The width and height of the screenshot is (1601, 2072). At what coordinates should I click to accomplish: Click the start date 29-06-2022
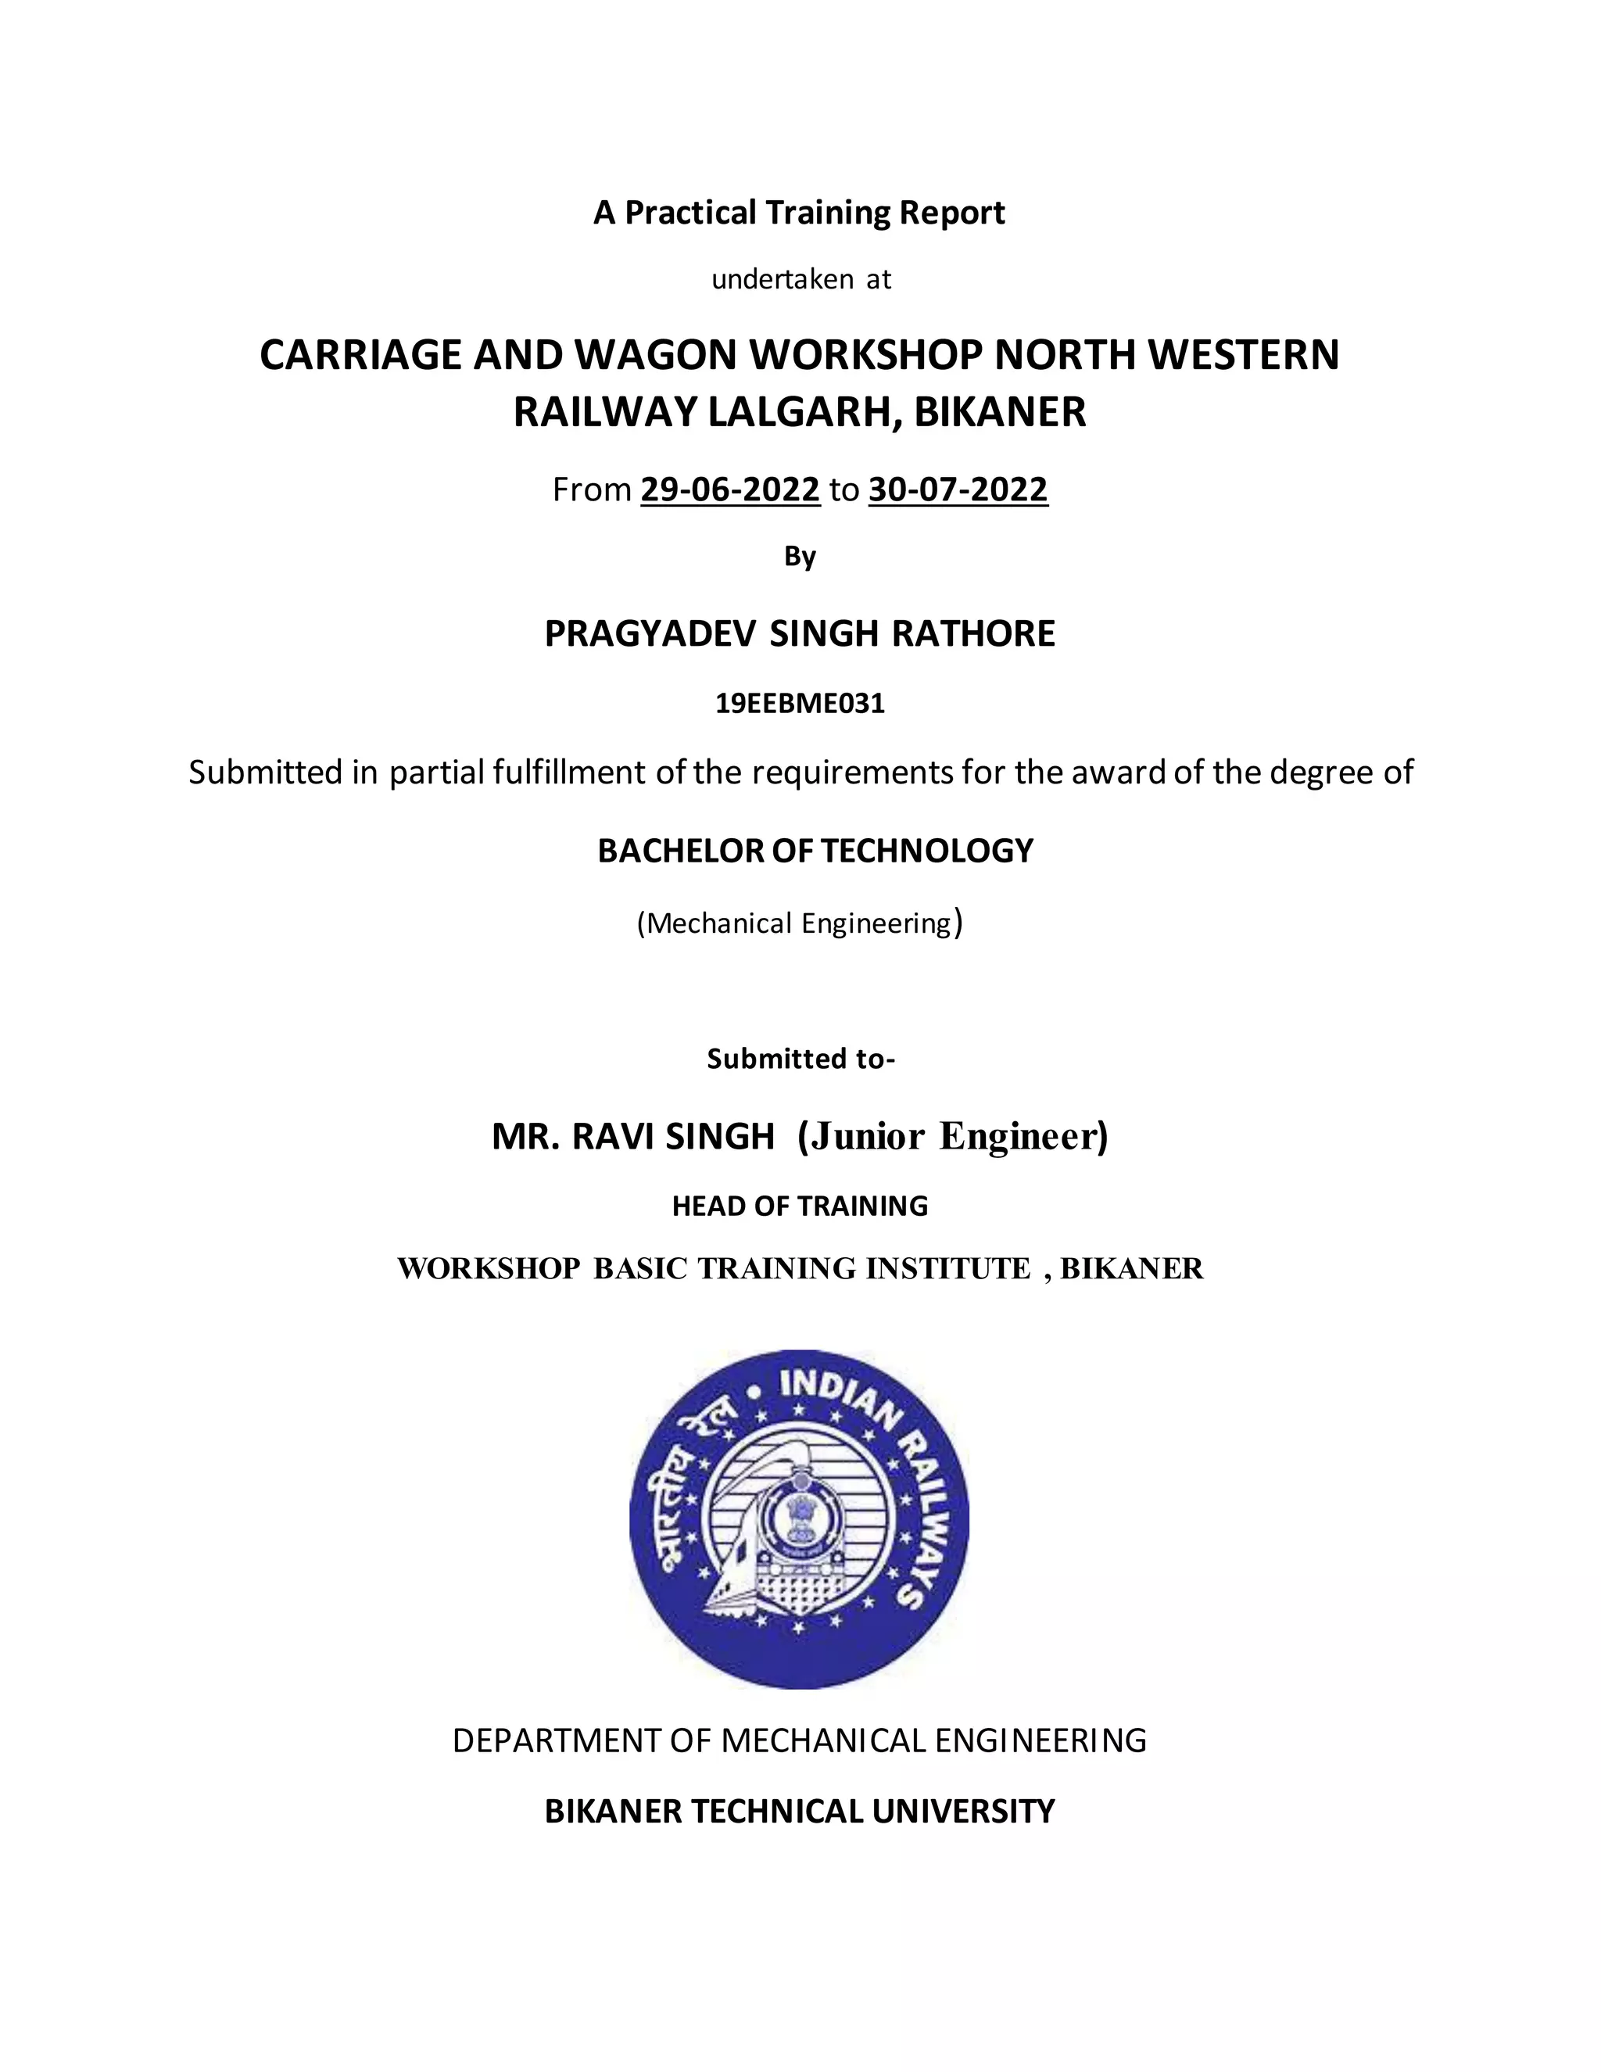(729, 489)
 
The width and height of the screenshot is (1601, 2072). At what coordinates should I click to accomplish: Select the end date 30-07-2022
(958, 489)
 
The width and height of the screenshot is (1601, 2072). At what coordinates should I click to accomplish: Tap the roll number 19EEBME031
(800, 703)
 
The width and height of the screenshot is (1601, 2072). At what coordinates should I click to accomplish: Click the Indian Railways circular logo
(800, 1518)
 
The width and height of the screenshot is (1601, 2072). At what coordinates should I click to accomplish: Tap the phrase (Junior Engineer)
(952, 1135)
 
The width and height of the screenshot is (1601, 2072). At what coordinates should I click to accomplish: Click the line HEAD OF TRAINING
(800, 1206)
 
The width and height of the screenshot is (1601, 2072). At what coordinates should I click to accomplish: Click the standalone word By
(800, 557)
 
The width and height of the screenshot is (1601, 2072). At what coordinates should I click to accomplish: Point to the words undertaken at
(800, 279)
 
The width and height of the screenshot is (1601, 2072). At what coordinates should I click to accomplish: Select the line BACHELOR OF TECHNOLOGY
(815, 851)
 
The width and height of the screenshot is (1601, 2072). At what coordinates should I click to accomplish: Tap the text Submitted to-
(800, 1059)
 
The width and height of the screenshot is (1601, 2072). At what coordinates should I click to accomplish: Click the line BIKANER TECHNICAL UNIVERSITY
(800, 1811)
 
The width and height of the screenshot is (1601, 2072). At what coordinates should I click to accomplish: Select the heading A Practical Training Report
(800, 213)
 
